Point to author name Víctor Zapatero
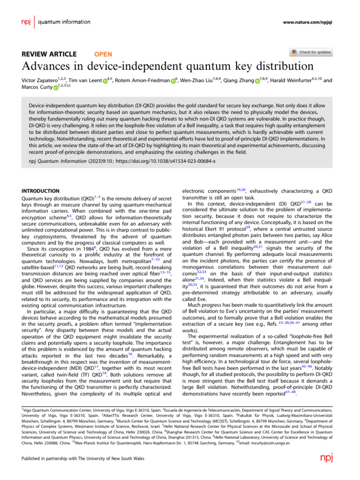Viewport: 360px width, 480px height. pos(45,81)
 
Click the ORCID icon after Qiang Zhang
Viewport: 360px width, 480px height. pos(257,81)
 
